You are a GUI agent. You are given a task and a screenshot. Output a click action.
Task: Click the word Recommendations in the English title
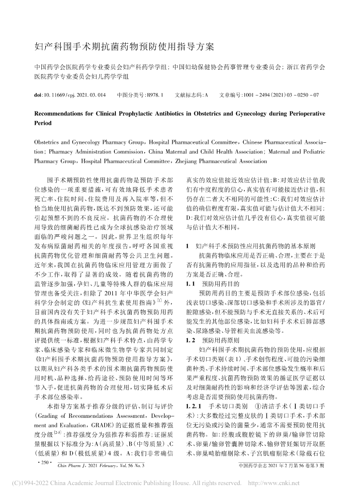63,113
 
